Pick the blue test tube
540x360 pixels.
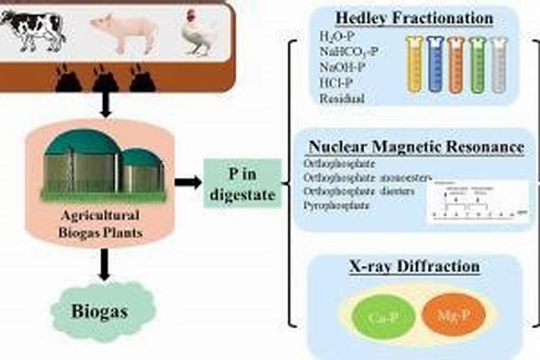pyautogui.click(x=434, y=66)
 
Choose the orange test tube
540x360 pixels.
pyautogui.click(x=456, y=66)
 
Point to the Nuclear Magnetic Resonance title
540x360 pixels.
pyautogui.click(x=416, y=147)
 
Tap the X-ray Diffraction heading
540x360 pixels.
pyautogui.click(x=413, y=267)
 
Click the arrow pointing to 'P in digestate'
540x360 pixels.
pyautogui.click(x=188, y=181)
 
